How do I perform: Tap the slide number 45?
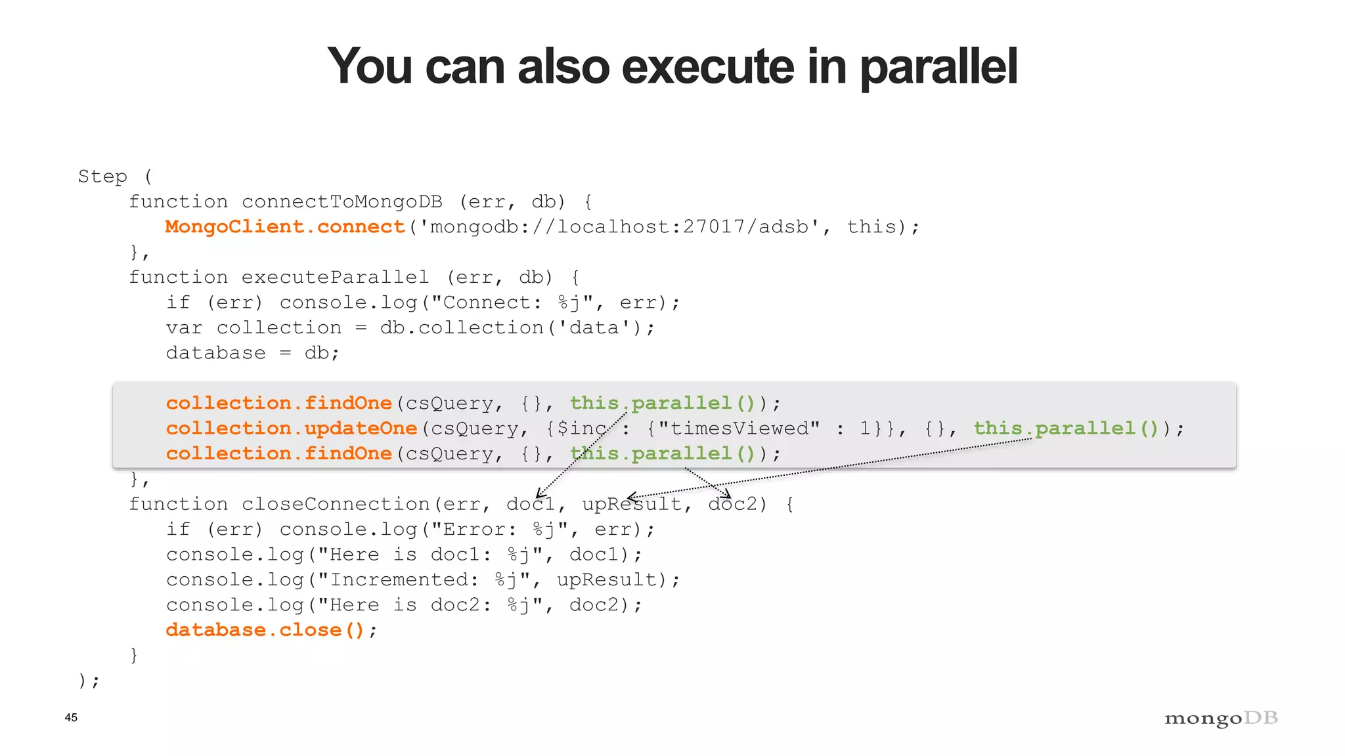71,717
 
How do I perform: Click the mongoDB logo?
1221,719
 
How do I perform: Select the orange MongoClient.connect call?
284,227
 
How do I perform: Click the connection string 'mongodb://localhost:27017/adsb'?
619,227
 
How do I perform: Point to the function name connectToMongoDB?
342,201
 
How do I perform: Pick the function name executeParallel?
335,277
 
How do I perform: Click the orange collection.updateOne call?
291,429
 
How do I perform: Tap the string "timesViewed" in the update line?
739,429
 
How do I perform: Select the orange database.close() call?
265,630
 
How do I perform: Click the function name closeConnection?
335,504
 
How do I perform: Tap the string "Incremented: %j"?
424,579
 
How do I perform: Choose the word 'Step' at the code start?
102,177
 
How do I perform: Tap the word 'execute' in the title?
708,67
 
